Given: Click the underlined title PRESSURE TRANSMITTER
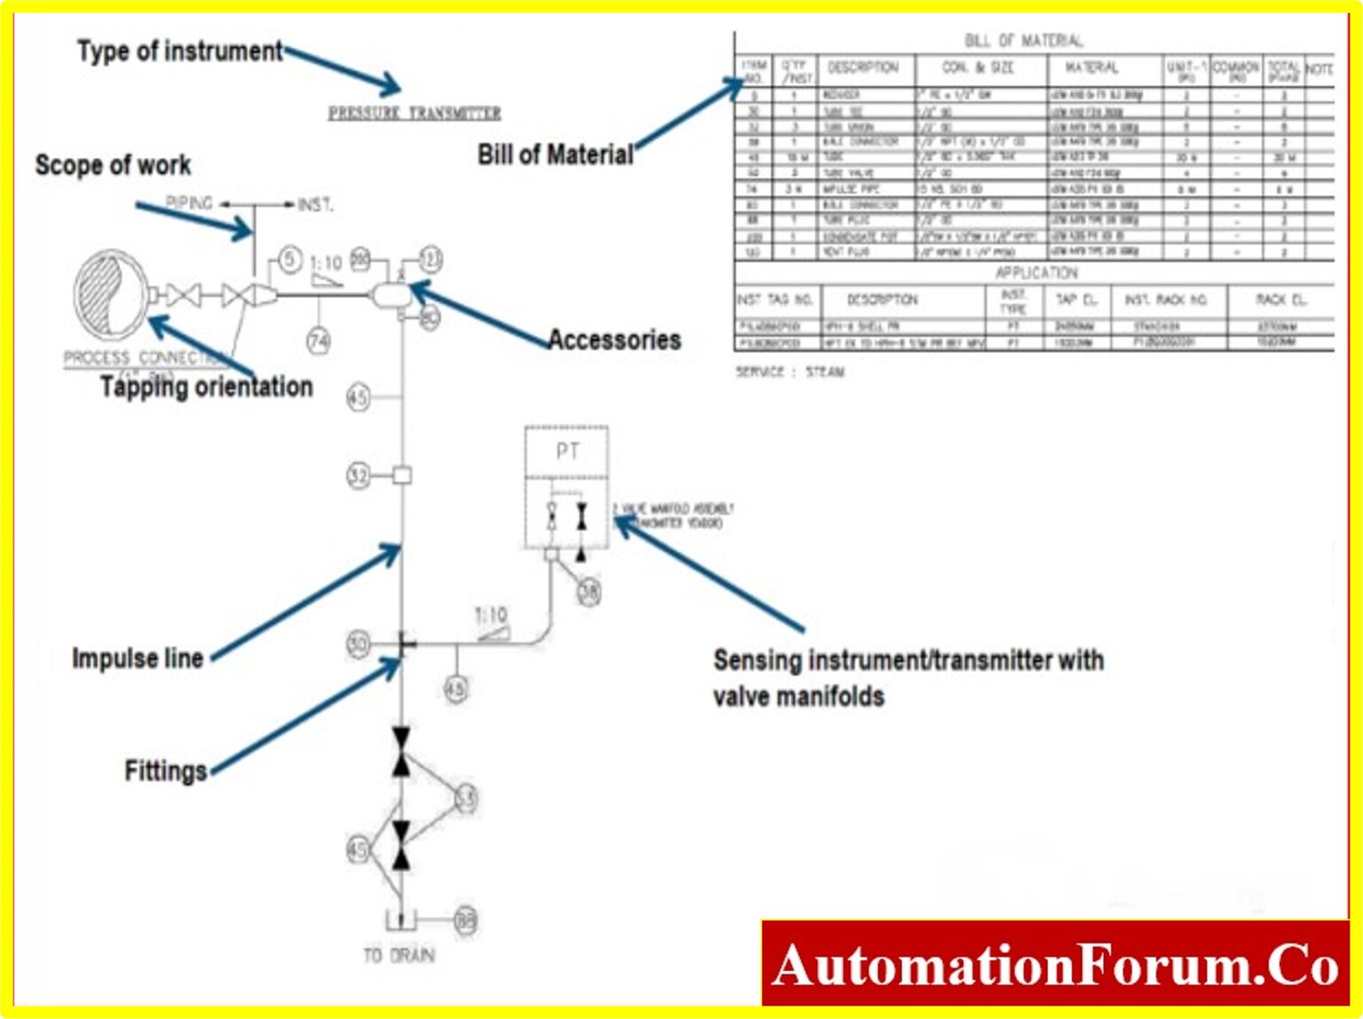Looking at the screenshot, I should [414, 114].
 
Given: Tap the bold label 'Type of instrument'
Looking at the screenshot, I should [179, 51].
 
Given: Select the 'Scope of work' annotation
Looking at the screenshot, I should [113, 165].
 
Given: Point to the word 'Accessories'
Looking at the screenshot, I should [614, 340].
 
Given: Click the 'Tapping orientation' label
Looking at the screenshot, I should [206, 387].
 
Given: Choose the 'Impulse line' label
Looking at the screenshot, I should [138, 658].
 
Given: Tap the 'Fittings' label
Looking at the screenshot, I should [166, 771].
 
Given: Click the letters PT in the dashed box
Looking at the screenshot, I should [567, 451].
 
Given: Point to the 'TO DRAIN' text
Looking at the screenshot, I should [399, 955].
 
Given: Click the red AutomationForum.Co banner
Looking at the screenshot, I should [1054, 964].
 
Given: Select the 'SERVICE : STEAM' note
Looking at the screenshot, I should [790, 372].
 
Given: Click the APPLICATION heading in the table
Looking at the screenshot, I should [1036, 272].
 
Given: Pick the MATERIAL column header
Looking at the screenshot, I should [1091, 67].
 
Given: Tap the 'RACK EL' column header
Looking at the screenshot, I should [1280, 300].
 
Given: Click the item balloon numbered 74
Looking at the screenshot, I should [319, 341].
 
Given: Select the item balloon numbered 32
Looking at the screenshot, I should [358, 475].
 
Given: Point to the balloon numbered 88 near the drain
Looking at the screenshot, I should [466, 921].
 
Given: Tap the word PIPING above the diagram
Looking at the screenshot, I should [189, 203].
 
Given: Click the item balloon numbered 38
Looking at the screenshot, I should [589, 591].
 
